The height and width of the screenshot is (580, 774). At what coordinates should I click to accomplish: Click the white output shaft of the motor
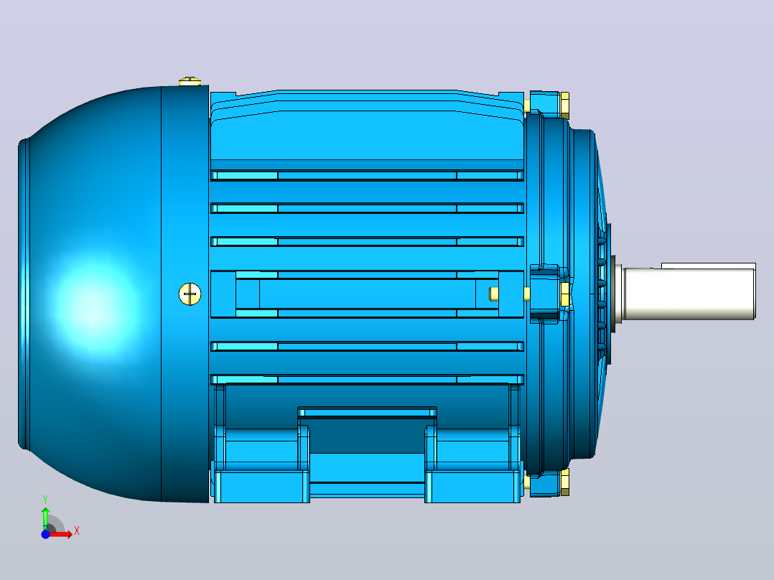coord(689,294)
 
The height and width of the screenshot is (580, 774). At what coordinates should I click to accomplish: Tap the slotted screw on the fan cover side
coord(190,294)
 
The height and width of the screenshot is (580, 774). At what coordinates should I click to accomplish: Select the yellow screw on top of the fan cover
coord(190,81)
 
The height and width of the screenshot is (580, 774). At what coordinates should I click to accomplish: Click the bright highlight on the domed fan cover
coord(94,304)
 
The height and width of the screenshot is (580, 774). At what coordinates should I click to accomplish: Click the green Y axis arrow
coord(45,518)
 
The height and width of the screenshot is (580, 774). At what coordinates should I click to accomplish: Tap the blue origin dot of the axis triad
coord(45,534)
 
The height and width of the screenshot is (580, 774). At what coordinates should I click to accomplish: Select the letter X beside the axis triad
coord(77,531)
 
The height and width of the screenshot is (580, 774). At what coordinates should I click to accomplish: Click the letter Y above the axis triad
coord(45,500)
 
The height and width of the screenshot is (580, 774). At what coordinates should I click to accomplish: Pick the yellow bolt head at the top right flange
coord(564,105)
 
